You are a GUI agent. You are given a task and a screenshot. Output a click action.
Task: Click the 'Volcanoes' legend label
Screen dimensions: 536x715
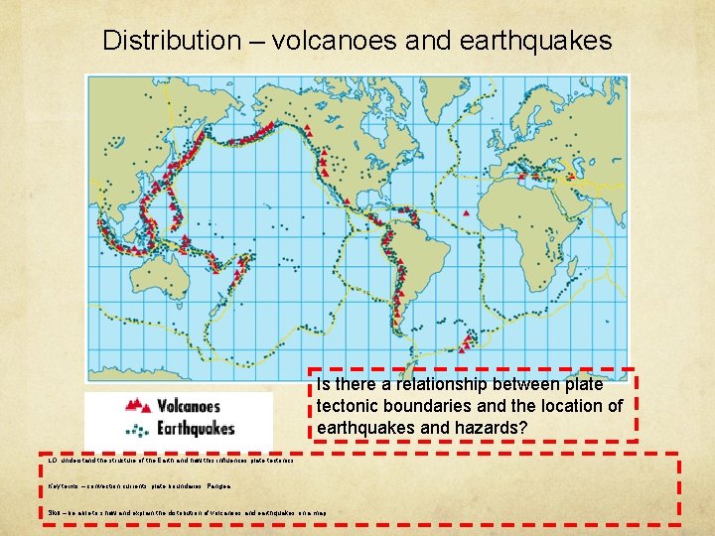click(194, 406)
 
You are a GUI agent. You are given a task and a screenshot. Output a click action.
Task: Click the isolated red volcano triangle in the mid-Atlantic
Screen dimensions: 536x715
click(466, 212)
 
